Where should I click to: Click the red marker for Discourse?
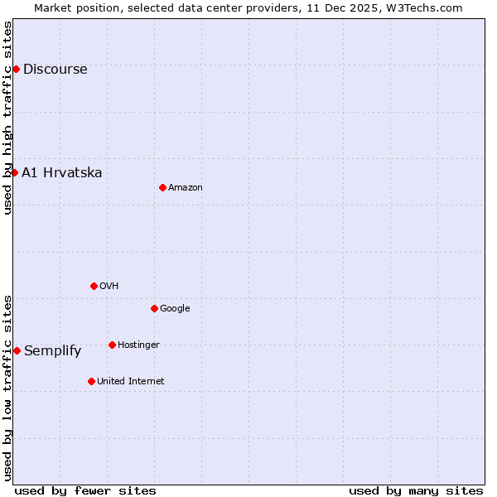click(16, 69)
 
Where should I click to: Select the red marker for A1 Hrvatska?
click(14, 172)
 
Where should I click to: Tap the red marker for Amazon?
click(162, 187)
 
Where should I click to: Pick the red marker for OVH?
click(94, 286)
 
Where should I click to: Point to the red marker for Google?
click(154, 308)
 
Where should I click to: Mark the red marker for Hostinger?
click(112, 345)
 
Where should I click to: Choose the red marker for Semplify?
click(17, 350)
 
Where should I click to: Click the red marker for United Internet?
click(91, 381)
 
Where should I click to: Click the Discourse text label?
click(55, 70)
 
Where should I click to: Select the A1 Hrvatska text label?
click(62, 173)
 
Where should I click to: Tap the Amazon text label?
click(186, 188)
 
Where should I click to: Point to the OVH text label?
click(109, 287)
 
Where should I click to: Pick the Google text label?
click(175, 309)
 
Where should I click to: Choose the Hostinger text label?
click(138, 345)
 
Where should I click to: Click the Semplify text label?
click(52, 351)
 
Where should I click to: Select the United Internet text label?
click(130, 382)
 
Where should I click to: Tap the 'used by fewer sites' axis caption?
click(85, 490)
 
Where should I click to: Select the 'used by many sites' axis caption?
click(416, 490)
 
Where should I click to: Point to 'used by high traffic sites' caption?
click(7, 118)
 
